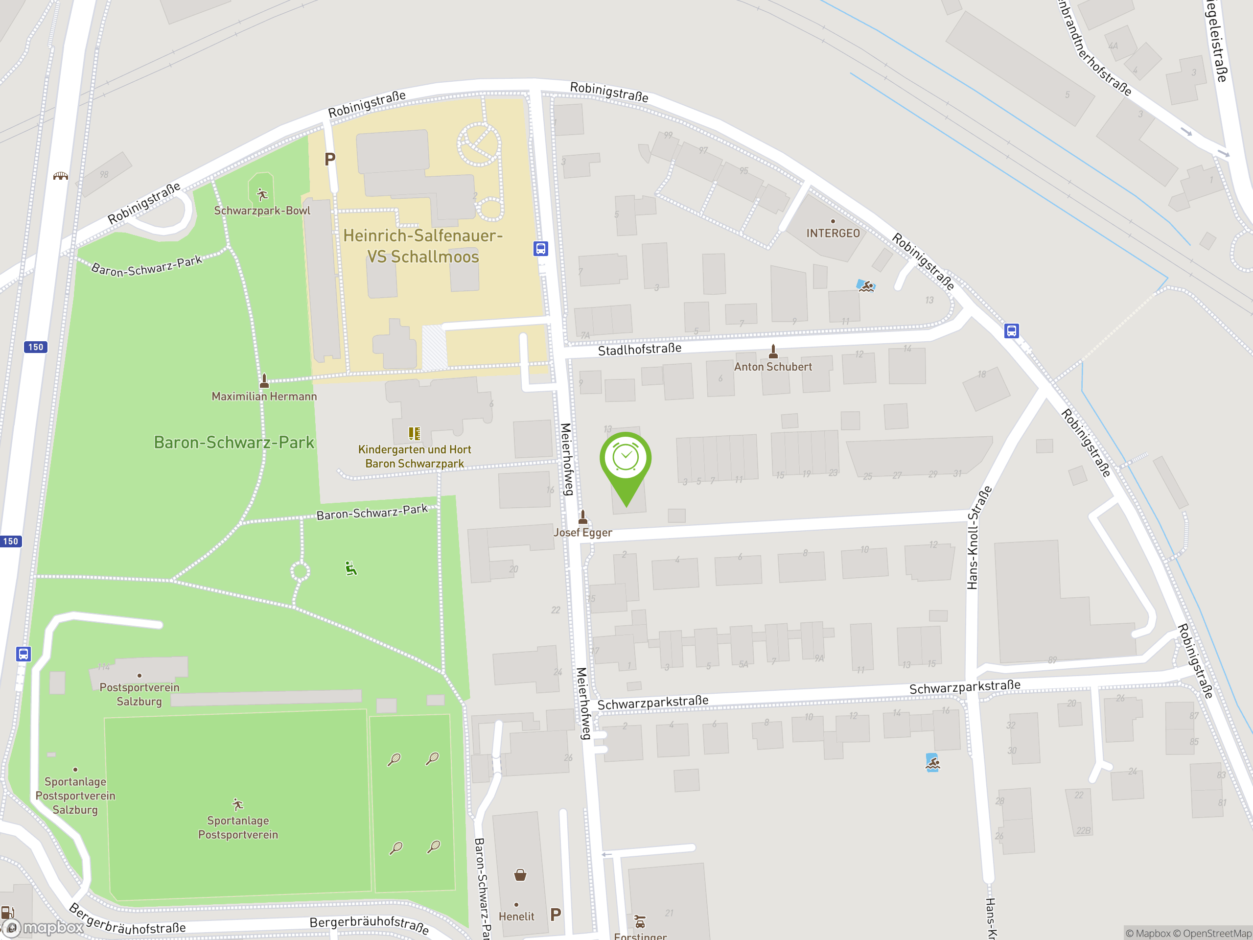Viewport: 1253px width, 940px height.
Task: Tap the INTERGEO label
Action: coord(833,234)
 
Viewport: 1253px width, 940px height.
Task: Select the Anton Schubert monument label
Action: coord(773,367)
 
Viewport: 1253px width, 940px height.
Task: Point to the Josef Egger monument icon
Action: coord(583,516)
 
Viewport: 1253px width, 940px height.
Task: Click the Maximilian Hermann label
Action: coord(264,397)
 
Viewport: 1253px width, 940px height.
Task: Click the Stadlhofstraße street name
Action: coord(640,349)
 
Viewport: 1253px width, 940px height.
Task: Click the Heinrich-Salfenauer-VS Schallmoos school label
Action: coord(422,246)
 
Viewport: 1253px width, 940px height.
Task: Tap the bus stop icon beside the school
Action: coord(540,248)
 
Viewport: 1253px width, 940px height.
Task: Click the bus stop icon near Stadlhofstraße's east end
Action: coord(1011,330)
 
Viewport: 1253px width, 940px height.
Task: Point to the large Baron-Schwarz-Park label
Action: coord(234,443)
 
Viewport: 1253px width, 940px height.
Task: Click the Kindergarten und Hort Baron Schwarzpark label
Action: coord(415,456)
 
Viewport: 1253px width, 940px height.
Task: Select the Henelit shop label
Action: coord(516,916)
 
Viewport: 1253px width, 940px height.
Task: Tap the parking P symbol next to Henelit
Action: coord(556,914)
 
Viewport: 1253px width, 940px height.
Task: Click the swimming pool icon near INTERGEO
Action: coord(865,285)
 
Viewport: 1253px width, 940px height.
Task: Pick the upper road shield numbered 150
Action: coord(35,347)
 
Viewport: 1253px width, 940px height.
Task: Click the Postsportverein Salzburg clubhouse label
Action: coord(139,694)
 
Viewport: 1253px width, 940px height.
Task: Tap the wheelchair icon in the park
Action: coord(351,568)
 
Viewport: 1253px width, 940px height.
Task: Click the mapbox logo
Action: coord(44,928)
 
